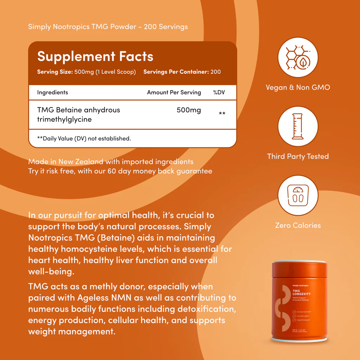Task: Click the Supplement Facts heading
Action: (95, 57)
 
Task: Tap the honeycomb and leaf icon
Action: (298, 57)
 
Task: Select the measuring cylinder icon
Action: (298, 126)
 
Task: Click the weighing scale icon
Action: (298, 195)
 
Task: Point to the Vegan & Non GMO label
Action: (298, 88)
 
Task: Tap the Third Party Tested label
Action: (298, 156)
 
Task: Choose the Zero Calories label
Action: (298, 225)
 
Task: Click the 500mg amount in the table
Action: (189, 110)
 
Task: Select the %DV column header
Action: (219, 92)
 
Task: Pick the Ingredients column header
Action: (52, 92)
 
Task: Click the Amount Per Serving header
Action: (174, 92)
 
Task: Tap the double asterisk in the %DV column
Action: (222, 114)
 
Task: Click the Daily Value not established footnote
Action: (84, 139)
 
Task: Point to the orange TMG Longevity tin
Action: (298, 302)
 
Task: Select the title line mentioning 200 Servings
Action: (108, 27)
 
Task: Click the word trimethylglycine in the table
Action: (64, 120)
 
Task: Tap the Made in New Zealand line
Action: (111, 162)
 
